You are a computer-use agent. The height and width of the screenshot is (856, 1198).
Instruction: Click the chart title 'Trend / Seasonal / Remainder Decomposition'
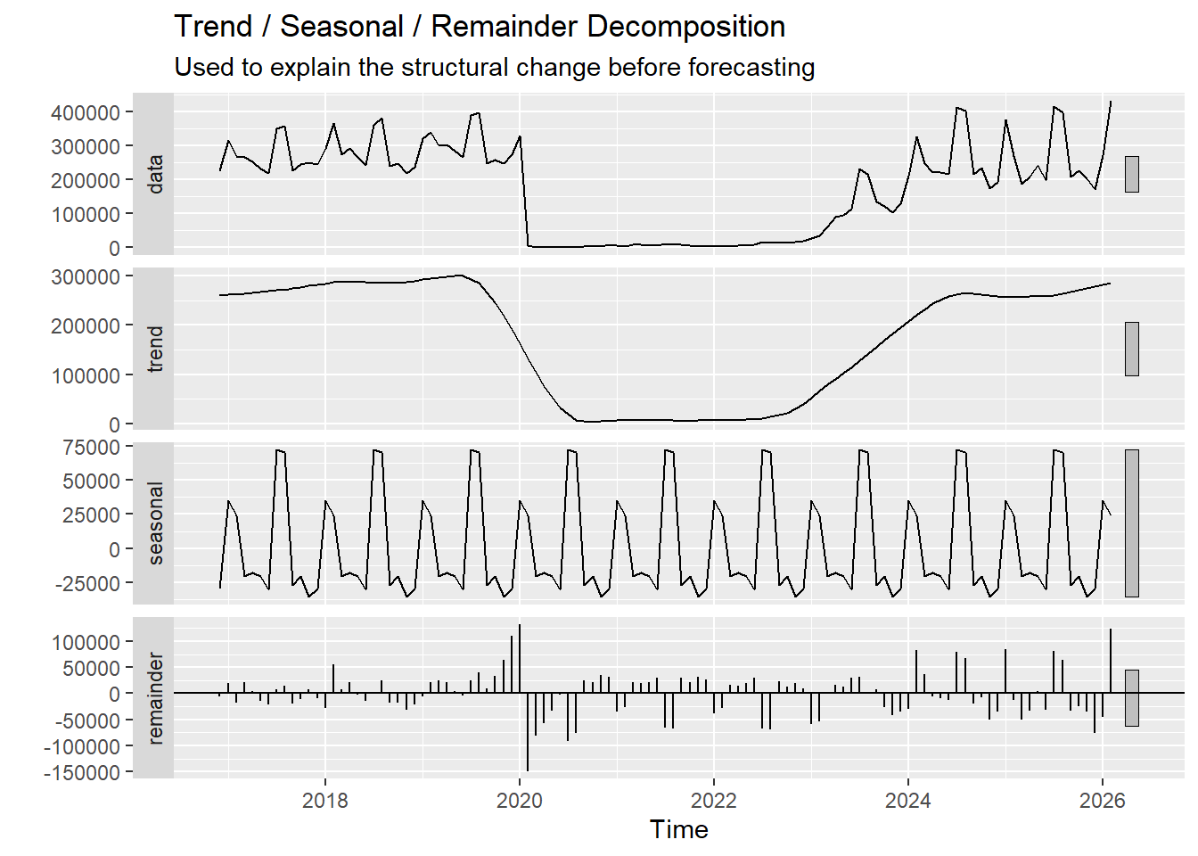[479, 27]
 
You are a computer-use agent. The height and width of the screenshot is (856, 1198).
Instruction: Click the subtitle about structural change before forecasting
[494, 68]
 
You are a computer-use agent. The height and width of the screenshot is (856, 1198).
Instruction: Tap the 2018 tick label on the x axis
[324, 800]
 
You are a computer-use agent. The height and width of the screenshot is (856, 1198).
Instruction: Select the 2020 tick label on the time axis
[519, 800]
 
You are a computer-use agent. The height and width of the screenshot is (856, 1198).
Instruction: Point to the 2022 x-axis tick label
[713, 800]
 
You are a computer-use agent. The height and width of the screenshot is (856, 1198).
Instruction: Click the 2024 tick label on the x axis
[907, 800]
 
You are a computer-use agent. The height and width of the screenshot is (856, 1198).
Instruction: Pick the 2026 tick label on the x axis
[1102, 800]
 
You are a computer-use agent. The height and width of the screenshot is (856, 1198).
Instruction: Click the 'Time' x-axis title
[678, 829]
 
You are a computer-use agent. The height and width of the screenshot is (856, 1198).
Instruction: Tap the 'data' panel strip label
[155, 174]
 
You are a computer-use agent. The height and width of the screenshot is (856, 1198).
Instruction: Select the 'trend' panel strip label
[155, 349]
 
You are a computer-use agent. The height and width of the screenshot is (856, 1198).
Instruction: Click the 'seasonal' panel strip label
[155, 523]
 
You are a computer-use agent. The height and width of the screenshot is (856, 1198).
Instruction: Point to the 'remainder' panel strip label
[155, 698]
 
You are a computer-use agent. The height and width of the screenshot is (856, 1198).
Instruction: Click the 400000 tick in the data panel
[86, 112]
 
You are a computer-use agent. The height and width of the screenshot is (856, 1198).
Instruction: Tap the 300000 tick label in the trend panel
[86, 277]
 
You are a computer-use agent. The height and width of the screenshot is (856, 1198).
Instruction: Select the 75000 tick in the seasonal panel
[91, 448]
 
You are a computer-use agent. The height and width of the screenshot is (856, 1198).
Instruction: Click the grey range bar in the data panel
[1131, 174]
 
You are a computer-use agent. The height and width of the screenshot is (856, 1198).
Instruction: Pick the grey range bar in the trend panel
[1131, 349]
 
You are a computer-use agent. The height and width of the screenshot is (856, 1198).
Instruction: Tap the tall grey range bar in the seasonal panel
[1131, 523]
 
